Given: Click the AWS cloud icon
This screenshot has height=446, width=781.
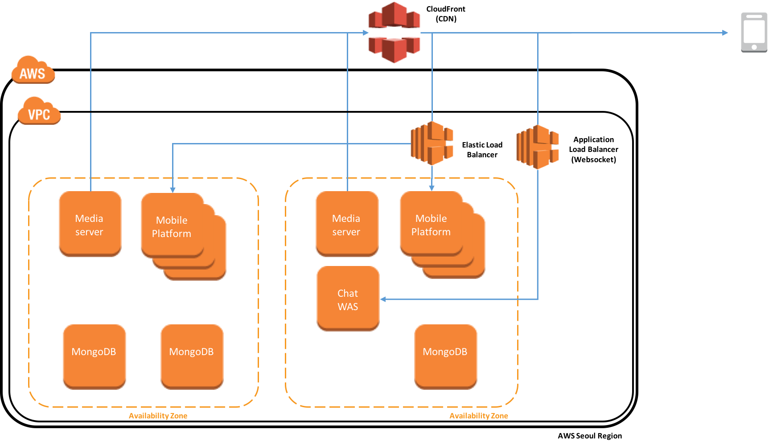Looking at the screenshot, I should click(x=33, y=70).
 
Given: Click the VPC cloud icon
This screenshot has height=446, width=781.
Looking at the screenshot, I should click(x=39, y=111).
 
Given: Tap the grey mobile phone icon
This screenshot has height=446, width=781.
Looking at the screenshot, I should click(x=754, y=32).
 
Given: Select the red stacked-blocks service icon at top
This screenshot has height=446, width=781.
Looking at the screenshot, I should click(x=394, y=32).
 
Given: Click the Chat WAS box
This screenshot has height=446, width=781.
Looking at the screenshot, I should click(x=348, y=299).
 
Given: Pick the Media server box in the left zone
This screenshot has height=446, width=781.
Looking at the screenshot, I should click(x=90, y=224).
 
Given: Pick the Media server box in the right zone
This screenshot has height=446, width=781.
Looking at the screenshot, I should click(x=347, y=224).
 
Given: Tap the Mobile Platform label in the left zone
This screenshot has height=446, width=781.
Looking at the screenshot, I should click(x=172, y=227).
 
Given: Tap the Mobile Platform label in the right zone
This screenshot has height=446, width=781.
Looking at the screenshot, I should click(x=431, y=225).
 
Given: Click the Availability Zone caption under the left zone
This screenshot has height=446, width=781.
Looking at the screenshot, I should click(x=158, y=416).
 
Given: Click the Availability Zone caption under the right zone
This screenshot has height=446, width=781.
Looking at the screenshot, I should click(x=478, y=416).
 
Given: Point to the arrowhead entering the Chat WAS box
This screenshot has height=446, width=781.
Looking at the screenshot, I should click(x=383, y=299).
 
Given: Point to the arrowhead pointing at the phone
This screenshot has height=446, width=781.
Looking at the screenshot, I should click(x=725, y=33).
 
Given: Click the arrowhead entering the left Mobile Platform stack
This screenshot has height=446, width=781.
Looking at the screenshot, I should click(x=173, y=190).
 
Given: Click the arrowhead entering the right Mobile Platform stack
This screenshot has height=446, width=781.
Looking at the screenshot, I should click(x=432, y=188).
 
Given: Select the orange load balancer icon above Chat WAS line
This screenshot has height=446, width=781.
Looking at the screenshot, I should click(x=538, y=147).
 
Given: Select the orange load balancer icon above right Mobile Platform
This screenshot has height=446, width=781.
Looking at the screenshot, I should click(x=432, y=143).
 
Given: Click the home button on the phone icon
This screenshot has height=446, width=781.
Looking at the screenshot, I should click(x=754, y=47).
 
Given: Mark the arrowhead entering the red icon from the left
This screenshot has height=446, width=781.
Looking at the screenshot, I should click(x=366, y=33).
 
